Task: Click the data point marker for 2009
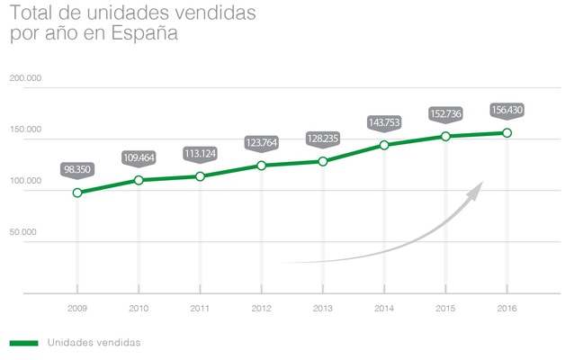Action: pos(77,193)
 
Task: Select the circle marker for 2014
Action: pos(384,145)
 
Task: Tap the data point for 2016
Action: pos(507,133)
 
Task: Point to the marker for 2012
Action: pos(261,166)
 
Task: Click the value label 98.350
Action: pos(77,169)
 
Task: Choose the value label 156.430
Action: pos(507,111)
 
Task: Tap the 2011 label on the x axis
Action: pos(200,309)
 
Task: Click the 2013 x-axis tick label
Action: pos(322,309)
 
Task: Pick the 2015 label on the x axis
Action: pos(445,309)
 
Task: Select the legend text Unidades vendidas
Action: pos(94,342)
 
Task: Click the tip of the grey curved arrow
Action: pos(483,183)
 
